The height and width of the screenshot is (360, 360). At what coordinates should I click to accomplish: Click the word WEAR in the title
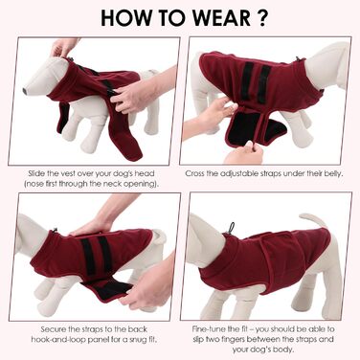pyautogui.click(x=218, y=18)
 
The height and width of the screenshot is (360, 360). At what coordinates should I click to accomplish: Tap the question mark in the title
pyautogui.click(x=261, y=18)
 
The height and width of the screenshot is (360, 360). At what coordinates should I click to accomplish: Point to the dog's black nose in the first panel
pyautogui.click(x=25, y=91)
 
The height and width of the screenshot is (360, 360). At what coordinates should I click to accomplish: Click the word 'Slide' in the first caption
pyautogui.click(x=36, y=173)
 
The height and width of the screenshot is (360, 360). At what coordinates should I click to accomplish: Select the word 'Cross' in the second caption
pyautogui.click(x=194, y=173)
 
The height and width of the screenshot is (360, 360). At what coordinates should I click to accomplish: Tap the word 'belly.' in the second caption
pyautogui.click(x=333, y=174)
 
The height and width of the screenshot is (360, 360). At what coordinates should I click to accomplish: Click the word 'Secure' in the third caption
pyautogui.click(x=54, y=329)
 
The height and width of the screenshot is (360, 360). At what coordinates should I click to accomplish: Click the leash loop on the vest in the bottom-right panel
pyautogui.click(x=231, y=228)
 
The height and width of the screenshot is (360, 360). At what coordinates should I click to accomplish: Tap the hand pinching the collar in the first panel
pyautogui.click(x=64, y=47)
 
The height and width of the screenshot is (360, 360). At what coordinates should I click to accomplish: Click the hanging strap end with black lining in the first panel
pyautogui.click(x=63, y=118)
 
